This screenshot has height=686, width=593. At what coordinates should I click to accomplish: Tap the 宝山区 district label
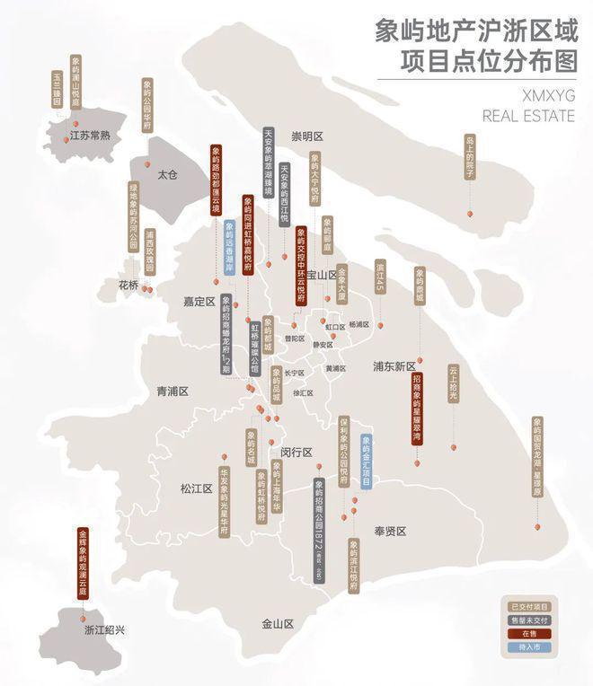[321, 275]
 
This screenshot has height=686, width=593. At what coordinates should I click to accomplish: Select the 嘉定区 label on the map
[199, 302]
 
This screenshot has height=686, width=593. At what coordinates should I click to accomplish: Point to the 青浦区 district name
[173, 391]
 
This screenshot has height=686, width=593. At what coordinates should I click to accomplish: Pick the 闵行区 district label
[296, 452]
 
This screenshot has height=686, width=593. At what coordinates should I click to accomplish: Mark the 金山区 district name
[278, 623]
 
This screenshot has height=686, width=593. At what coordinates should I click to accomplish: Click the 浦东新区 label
[395, 366]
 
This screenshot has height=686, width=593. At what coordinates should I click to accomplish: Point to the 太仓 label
[168, 175]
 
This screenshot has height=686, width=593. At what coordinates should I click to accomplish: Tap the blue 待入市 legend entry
[528, 646]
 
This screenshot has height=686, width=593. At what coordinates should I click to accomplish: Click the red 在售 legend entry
[528, 633]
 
